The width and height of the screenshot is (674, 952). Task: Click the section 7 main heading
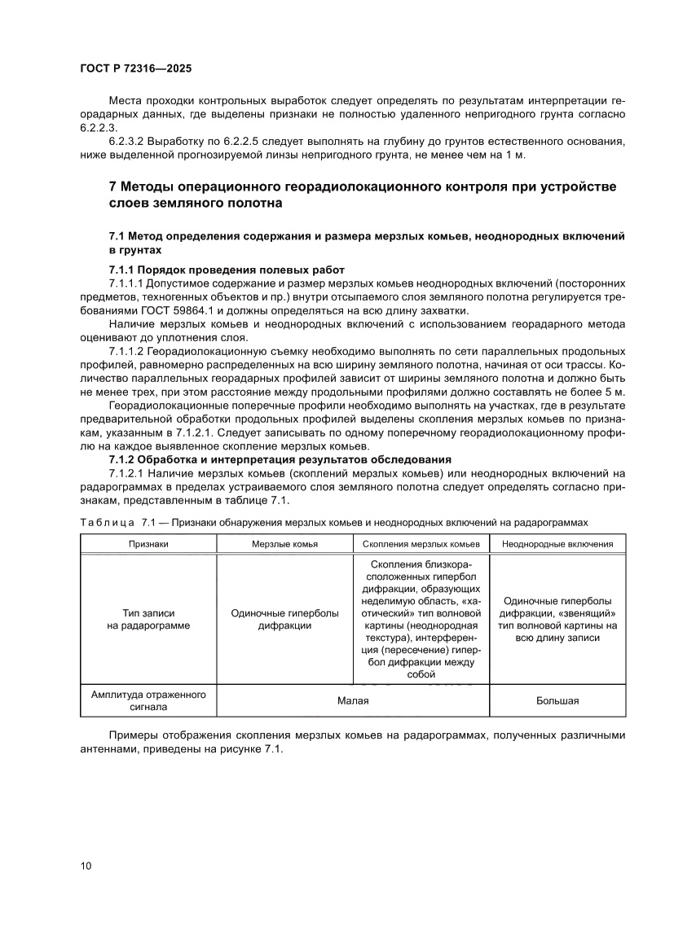pyautogui.click(x=363, y=195)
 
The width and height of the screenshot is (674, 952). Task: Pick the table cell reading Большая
pyautogui.click(x=557, y=700)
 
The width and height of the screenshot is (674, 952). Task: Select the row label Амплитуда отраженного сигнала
pyautogui.click(x=148, y=700)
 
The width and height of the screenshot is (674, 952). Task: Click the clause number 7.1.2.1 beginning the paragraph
pyautogui.click(x=131, y=473)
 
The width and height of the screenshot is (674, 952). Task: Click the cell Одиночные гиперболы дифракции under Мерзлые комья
pyautogui.click(x=284, y=619)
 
